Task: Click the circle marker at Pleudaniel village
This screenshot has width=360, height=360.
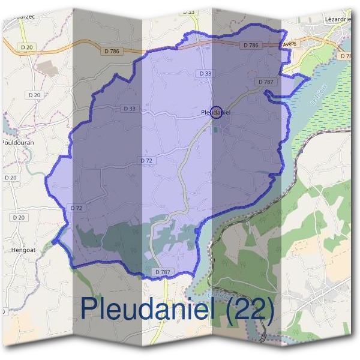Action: click(217, 112)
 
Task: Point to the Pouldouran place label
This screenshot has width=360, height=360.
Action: click(16, 143)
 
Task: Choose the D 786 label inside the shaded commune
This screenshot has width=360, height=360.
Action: click(251, 45)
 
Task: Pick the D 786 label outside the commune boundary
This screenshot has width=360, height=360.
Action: click(112, 51)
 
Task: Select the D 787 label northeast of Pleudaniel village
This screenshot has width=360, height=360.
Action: click(265, 81)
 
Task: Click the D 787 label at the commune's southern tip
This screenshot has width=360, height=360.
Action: click(163, 272)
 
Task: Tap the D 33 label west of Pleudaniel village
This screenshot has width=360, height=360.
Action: click(130, 109)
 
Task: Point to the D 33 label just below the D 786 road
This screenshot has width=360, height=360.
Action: click(204, 73)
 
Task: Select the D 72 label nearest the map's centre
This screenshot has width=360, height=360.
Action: click(147, 161)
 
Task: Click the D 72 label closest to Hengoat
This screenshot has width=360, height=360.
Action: click(76, 208)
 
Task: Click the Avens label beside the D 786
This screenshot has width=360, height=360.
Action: click(289, 43)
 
